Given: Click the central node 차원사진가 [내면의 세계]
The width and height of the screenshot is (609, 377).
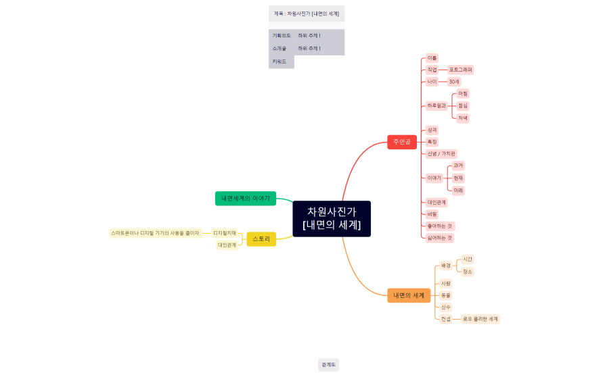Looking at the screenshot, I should [332, 218].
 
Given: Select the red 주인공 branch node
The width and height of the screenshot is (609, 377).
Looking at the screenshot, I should [402, 142].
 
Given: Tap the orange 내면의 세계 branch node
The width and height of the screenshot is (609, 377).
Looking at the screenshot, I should [409, 295].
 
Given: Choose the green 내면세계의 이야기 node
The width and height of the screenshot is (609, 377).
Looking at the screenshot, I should [245, 199].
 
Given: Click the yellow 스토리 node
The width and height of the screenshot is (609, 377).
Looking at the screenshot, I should [261, 238].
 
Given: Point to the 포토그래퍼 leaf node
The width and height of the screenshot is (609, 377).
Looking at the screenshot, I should [461, 70].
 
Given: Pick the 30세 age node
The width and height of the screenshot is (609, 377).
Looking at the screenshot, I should [454, 82].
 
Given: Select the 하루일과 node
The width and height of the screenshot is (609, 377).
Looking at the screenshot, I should [436, 105].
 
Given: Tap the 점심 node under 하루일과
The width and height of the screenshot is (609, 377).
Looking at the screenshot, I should [463, 105].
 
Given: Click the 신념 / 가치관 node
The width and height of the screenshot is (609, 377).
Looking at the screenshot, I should [441, 154].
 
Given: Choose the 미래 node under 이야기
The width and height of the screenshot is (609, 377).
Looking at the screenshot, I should [458, 191].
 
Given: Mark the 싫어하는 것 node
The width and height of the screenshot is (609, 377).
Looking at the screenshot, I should [440, 238].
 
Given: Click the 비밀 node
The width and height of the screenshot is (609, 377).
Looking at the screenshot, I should [432, 214].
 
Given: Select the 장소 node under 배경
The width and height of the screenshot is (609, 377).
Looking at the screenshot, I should [468, 272].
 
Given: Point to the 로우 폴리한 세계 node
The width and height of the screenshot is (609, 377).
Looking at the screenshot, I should [480, 319].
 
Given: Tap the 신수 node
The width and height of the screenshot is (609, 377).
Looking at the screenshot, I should [446, 307].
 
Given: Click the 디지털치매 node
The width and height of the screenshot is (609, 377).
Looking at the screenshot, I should [225, 233].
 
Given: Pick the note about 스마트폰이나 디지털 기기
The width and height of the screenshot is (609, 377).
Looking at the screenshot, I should [156, 233].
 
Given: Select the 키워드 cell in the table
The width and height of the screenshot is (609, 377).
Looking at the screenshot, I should [279, 61].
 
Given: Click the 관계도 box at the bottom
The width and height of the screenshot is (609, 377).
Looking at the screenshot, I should [328, 365].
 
